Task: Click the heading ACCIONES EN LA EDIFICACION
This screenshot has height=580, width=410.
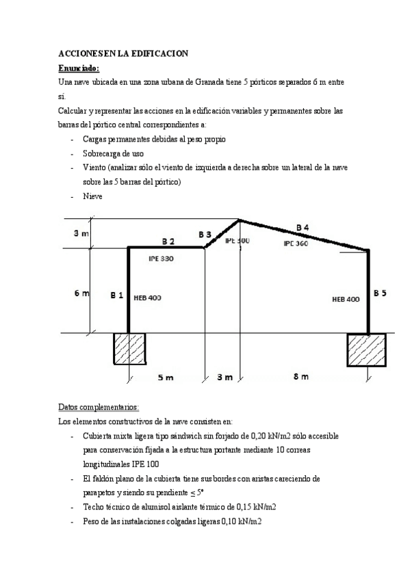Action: pos(123,53)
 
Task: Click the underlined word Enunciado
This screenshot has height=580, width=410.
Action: pos(79,68)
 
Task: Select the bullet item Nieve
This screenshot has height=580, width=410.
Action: pos(92,196)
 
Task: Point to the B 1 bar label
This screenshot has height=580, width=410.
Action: pos(116,295)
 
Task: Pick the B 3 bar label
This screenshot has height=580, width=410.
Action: pos(205,235)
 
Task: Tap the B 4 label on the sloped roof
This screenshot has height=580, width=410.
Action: pos(302,226)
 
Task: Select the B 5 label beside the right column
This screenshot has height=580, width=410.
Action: pos(380,293)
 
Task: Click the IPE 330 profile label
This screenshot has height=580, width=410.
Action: pos(161,259)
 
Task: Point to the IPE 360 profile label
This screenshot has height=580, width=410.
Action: pos(296,243)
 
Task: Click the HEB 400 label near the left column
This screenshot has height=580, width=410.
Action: pos(147,298)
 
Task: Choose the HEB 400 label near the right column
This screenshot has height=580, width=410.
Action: pos(346,299)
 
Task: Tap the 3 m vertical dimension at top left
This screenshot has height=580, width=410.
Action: pos(80,234)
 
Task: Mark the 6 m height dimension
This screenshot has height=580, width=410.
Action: pos(81,293)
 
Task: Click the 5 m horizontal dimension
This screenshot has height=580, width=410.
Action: pos(165,377)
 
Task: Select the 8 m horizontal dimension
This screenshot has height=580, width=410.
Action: pos(300,377)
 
